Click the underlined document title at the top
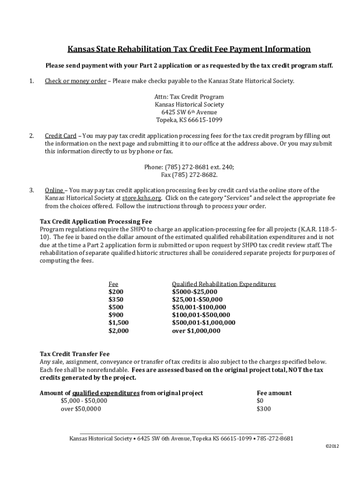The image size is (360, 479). pyautogui.click(x=189, y=49)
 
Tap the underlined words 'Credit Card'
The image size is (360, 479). pyautogui.click(x=60, y=136)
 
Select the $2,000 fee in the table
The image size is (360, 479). pyautogui.click(x=118, y=331)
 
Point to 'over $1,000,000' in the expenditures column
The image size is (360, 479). pyautogui.click(x=196, y=331)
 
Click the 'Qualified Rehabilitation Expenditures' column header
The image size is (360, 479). pyautogui.click(x=223, y=284)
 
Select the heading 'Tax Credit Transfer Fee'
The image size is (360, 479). pyautogui.click(x=75, y=354)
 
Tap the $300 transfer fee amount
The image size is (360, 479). pyautogui.click(x=263, y=409)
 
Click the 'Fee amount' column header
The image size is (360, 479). pyautogui.click(x=274, y=393)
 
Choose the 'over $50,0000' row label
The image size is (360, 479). pyautogui.click(x=80, y=409)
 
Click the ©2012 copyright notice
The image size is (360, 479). pyautogui.click(x=332, y=446)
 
